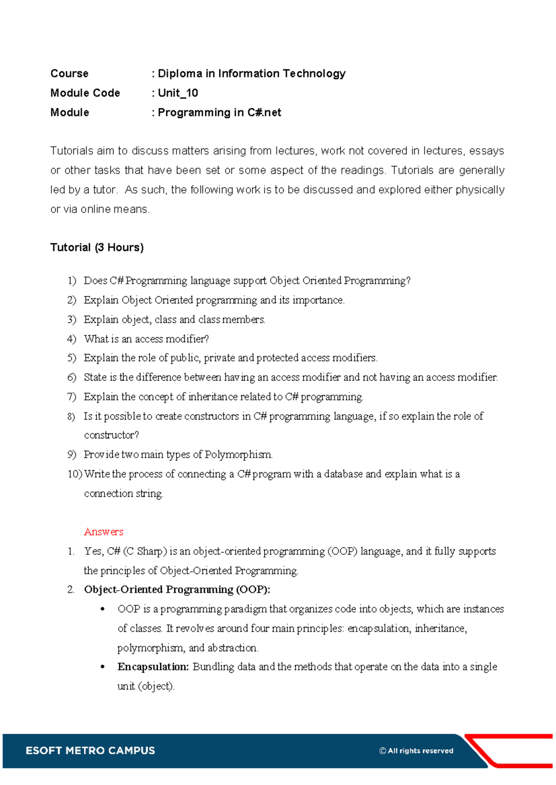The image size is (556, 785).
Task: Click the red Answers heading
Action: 103,532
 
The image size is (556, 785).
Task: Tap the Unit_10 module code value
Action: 178,93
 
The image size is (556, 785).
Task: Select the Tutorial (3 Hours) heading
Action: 97,248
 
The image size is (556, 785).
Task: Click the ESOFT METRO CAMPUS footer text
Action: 90,750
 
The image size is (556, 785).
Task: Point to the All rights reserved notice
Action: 416,751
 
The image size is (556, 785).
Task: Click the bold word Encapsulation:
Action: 153,667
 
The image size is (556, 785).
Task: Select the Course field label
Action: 69,74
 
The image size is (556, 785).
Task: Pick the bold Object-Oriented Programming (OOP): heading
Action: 177,590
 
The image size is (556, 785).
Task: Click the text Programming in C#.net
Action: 219,112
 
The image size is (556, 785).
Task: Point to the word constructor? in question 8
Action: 111,435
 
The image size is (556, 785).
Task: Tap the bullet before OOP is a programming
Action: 103,610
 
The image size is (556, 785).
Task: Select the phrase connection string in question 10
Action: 123,493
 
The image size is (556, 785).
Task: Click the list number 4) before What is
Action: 71,339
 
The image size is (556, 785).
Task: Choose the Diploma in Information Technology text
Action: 252,74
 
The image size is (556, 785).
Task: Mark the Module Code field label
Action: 85,93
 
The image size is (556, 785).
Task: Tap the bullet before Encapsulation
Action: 103,667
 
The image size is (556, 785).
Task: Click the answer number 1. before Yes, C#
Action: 71,551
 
